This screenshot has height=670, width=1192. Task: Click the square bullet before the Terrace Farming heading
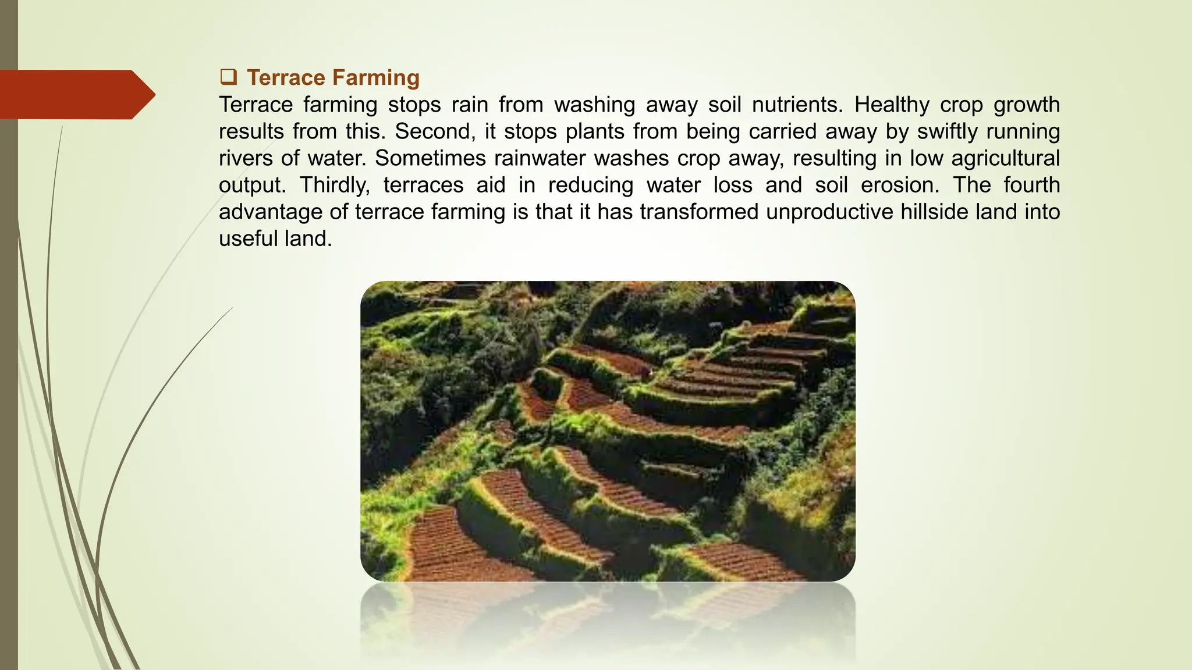coord(228,77)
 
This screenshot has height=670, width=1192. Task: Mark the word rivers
coord(245,158)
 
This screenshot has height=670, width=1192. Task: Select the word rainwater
coord(556,158)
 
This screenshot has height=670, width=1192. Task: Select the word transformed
coord(699,212)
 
